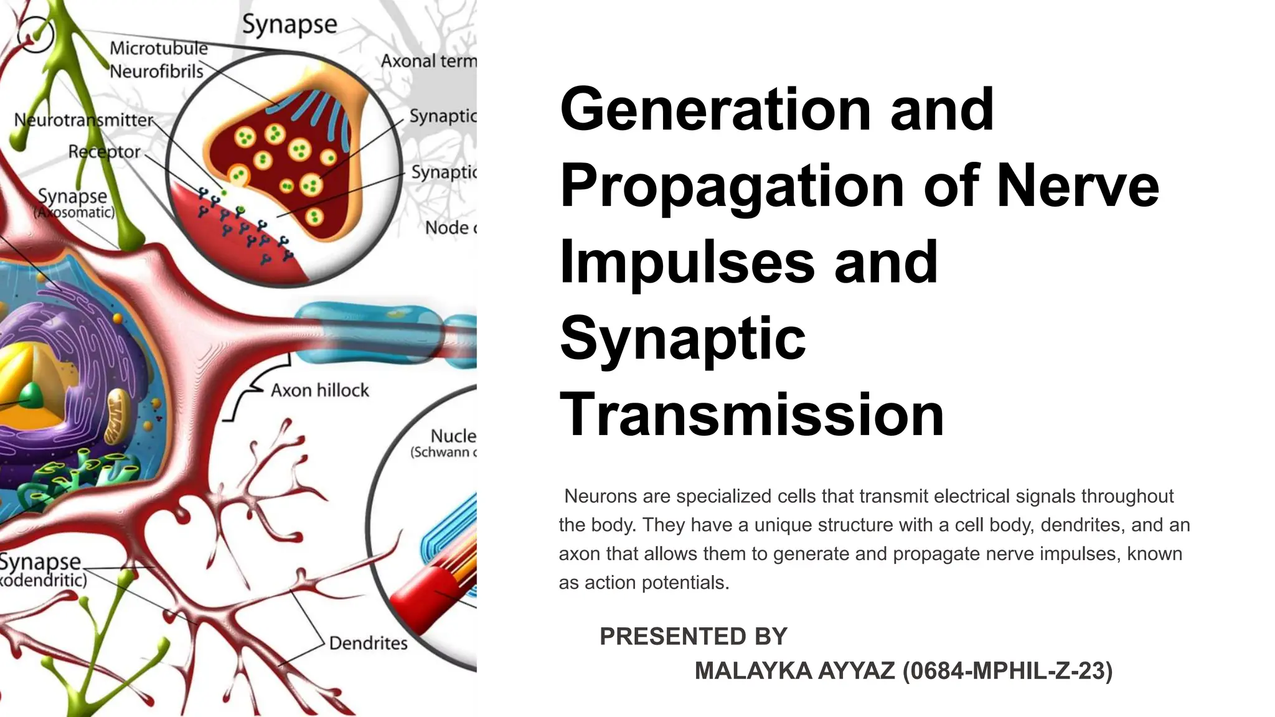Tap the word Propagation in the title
tap(732, 187)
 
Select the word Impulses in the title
tap(687, 263)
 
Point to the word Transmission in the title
tap(752, 415)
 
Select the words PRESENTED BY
tap(693, 637)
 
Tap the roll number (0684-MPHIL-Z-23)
tap(1007, 671)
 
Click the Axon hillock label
tap(320, 391)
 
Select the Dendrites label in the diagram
tap(368, 643)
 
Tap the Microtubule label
tap(159, 48)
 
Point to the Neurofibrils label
tap(156, 72)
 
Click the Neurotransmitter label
tap(84, 119)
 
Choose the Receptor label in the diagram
tap(104, 151)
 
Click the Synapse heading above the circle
tap(289, 25)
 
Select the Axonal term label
tap(428, 61)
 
